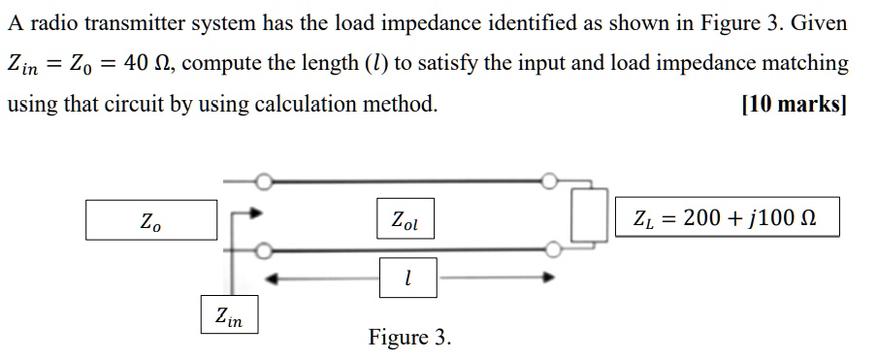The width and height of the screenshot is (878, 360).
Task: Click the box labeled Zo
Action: click(150, 220)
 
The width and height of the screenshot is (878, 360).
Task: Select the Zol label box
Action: click(406, 220)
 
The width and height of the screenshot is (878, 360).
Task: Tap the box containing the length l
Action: click(407, 278)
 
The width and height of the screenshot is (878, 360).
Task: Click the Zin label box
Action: click(230, 314)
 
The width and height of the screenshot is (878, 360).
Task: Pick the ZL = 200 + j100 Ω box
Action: click(725, 218)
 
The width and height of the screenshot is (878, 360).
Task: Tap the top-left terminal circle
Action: click(262, 180)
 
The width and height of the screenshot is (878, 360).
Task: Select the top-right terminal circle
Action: click(551, 180)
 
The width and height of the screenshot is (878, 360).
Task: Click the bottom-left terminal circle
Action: click(262, 250)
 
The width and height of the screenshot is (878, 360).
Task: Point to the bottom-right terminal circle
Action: click(551, 250)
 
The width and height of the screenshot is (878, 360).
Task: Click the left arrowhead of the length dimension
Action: click(275, 278)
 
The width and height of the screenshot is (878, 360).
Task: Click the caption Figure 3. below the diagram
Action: click(409, 338)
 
